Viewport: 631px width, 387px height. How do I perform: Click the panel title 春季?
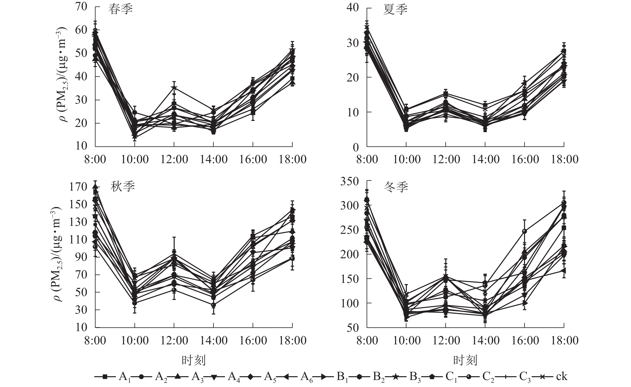[120, 10]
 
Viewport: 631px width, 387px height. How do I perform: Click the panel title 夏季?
[395, 10]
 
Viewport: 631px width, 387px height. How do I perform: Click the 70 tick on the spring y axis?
[81, 6]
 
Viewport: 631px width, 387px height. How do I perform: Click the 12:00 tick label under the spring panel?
[174, 159]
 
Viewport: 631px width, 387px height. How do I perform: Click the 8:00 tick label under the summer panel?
[367, 159]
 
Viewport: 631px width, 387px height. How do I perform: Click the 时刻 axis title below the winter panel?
[465, 360]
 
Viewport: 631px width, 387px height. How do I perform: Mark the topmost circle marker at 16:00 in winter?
[524, 231]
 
